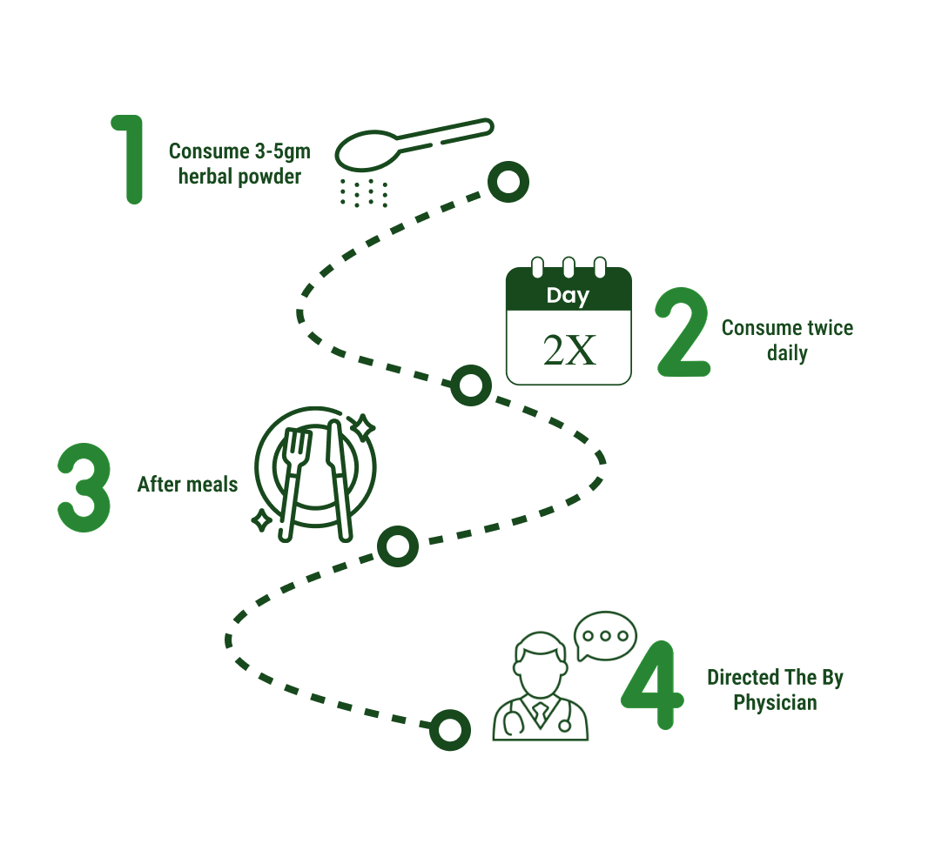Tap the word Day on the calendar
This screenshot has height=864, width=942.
tap(568, 296)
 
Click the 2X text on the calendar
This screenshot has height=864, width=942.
tap(569, 350)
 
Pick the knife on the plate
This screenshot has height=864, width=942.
tap(337, 479)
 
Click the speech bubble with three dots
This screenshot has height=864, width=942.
tap(606, 635)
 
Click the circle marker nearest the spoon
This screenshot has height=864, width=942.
tap(508, 182)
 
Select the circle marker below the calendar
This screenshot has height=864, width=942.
tap(470, 385)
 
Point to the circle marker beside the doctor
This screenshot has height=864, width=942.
tap(450, 730)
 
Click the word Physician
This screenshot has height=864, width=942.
tap(775, 703)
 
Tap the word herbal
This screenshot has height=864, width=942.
tap(205, 177)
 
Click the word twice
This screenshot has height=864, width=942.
tap(826, 328)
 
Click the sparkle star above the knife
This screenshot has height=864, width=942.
tap(363, 426)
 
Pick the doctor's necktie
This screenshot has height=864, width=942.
tap(541, 713)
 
